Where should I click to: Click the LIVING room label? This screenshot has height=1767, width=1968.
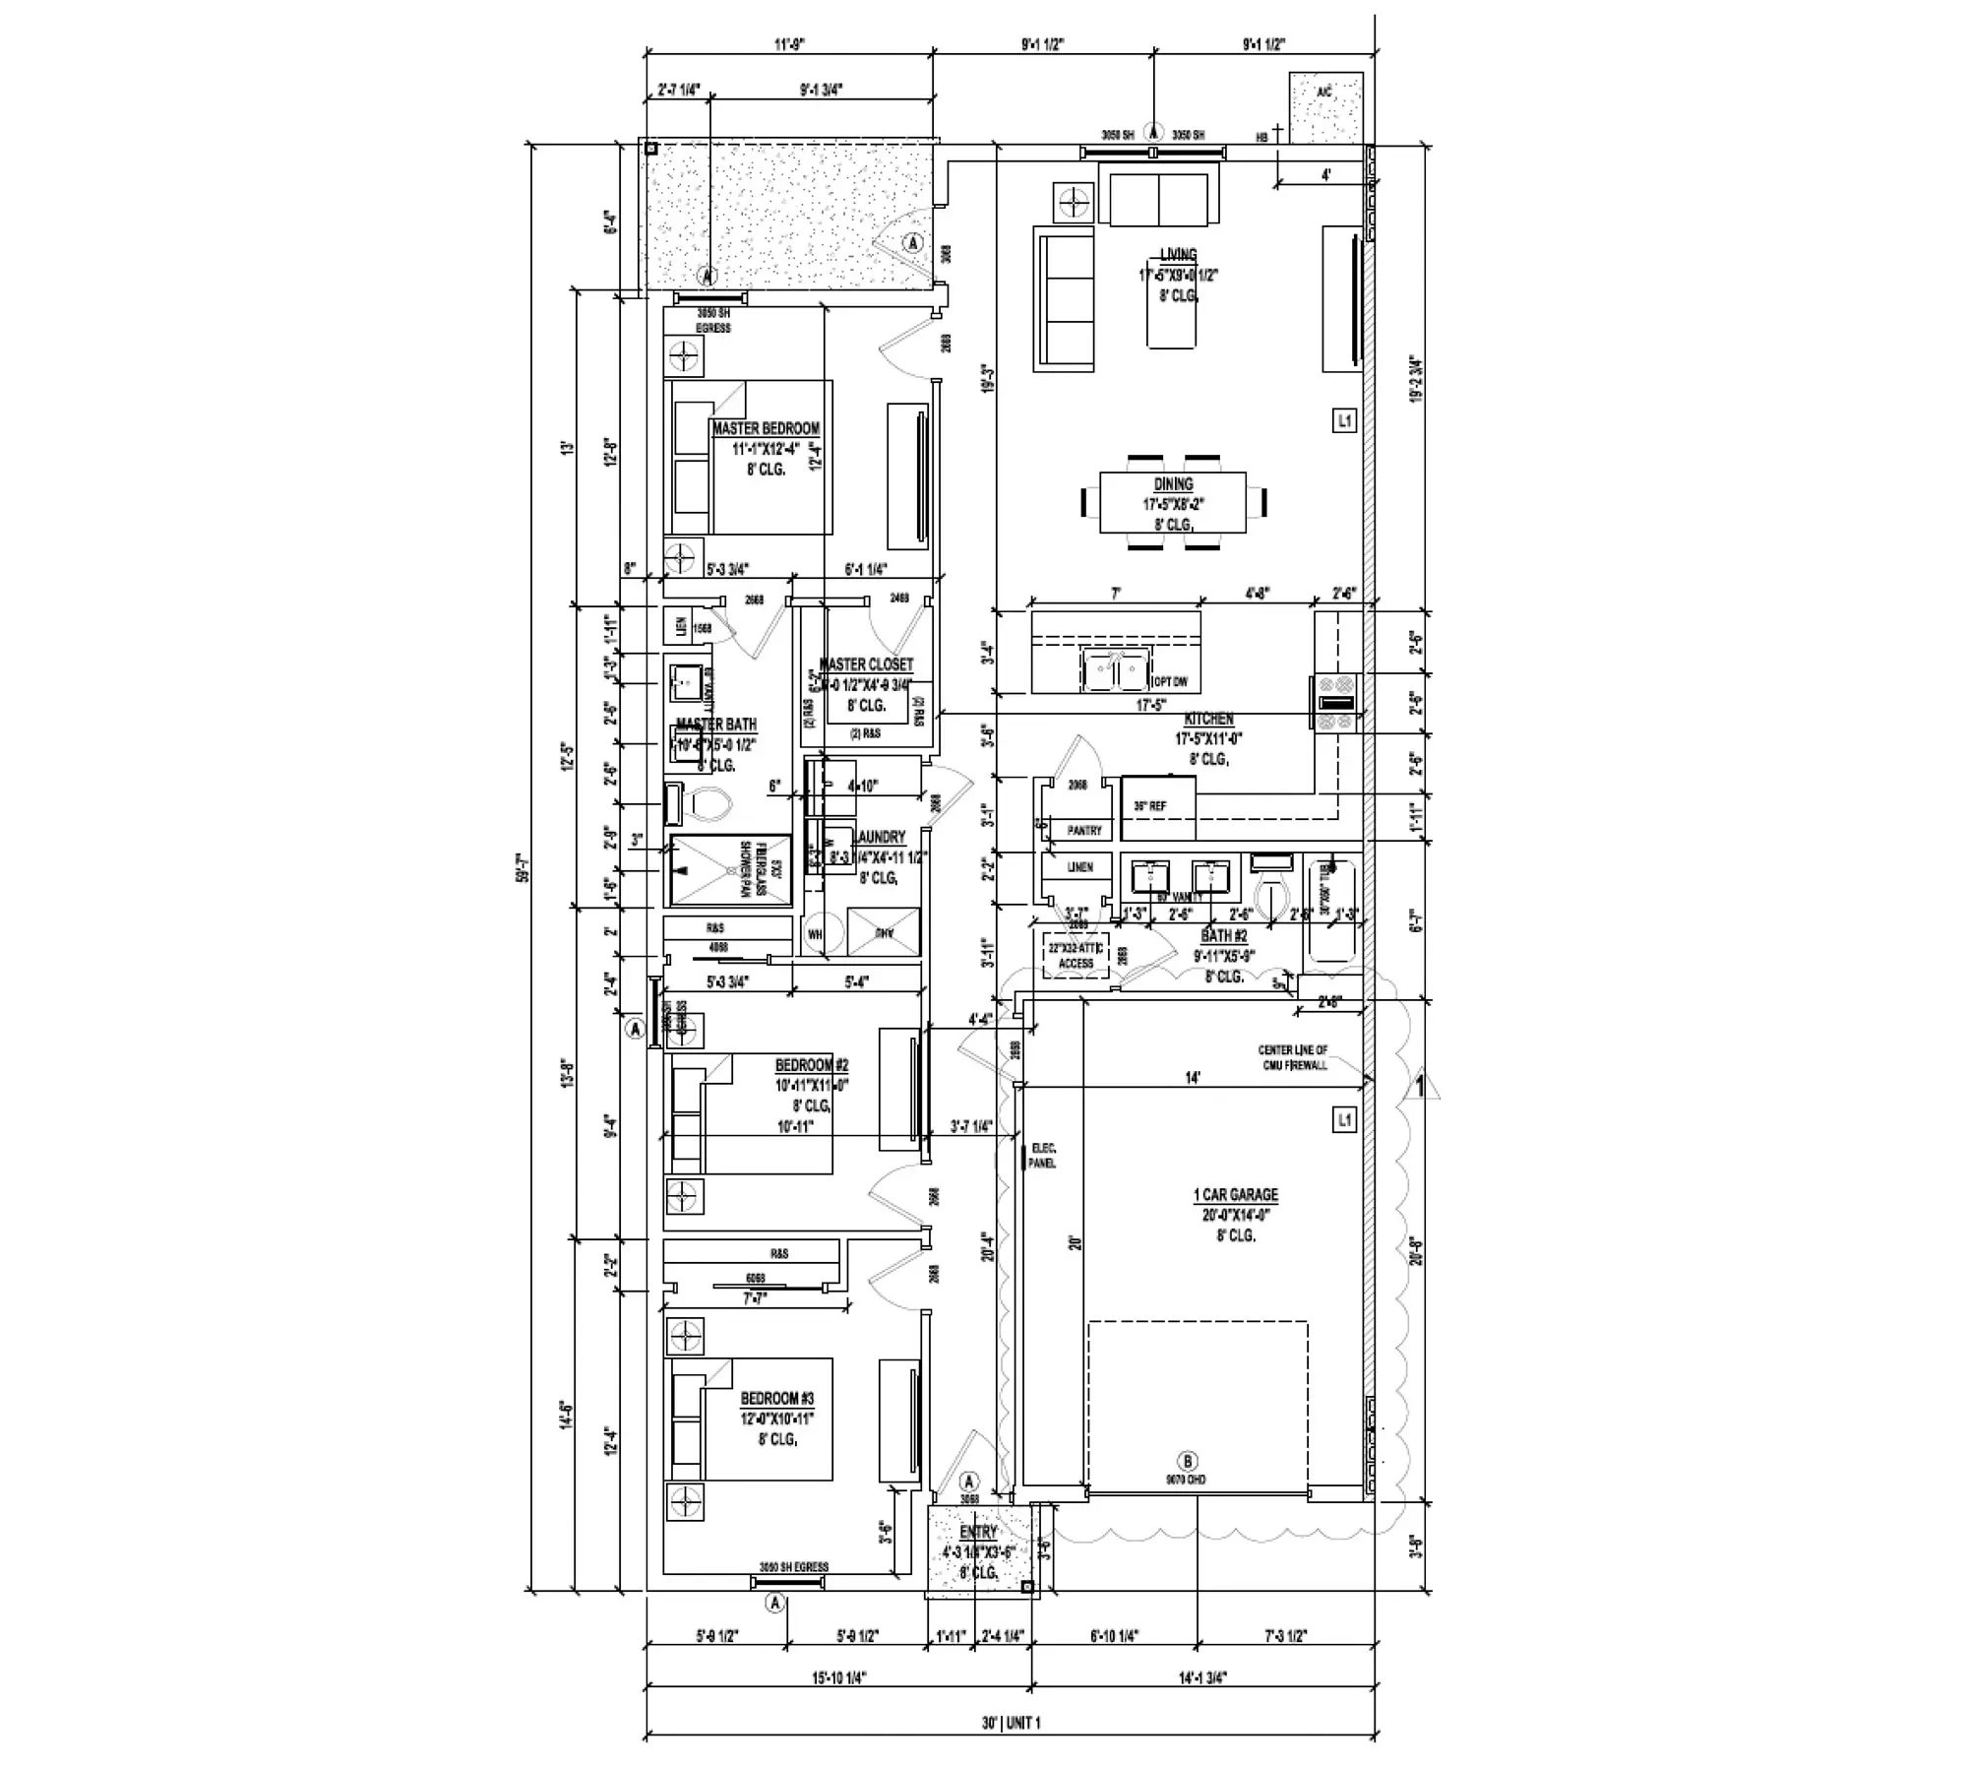coord(1178,255)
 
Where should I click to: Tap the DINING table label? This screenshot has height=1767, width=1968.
coord(1173,484)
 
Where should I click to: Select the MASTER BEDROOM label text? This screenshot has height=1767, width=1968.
coord(766,429)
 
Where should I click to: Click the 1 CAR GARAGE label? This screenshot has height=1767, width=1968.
coord(1236,1195)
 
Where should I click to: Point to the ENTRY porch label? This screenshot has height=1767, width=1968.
coord(978,1533)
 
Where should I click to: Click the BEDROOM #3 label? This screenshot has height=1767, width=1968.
coord(776,1399)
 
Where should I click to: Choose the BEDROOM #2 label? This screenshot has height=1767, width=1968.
coord(811,1065)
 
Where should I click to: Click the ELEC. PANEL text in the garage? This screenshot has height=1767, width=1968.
coord(1042,1156)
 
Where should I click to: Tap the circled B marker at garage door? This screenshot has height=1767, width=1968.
coord(1187,1461)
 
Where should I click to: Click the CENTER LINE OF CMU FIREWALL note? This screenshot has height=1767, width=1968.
coord(1292,1057)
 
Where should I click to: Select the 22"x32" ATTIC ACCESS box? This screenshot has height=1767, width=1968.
coord(1076,955)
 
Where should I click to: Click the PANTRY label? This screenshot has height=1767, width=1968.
coord(1084,831)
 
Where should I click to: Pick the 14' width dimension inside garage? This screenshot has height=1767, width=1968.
coord(1192,1079)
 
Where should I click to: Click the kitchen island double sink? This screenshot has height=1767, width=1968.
coord(1115,670)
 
